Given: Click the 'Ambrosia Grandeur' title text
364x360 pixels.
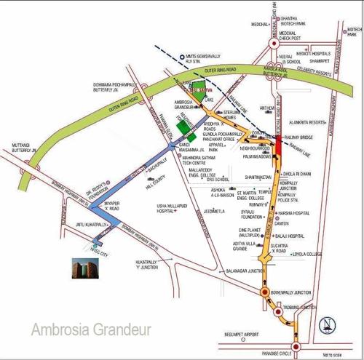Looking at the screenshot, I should pyautogui.click(x=91, y=330).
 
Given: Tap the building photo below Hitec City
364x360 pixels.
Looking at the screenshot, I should pyautogui.click(x=82, y=268).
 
